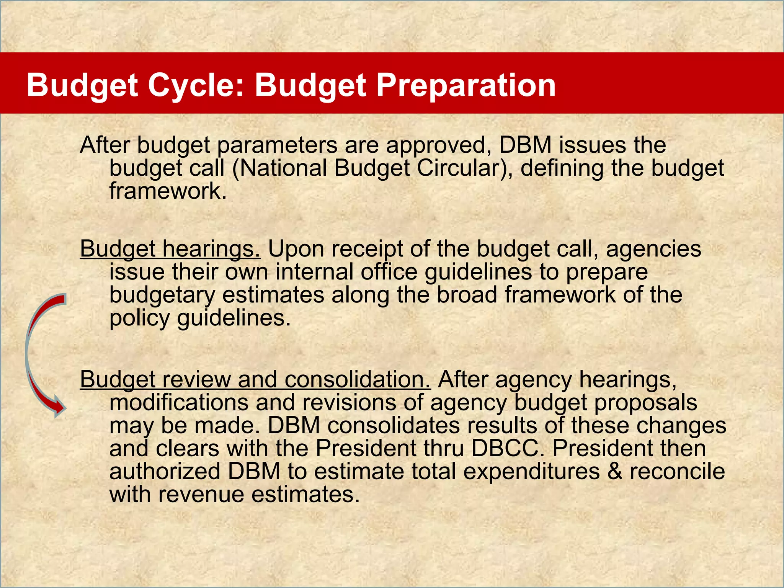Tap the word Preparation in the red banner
click(x=465, y=85)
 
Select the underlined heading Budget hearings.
click(x=170, y=249)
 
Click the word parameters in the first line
click(x=278, y=145)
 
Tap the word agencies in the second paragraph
click(x=653, y=249)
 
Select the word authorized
click(x=165, y=471)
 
